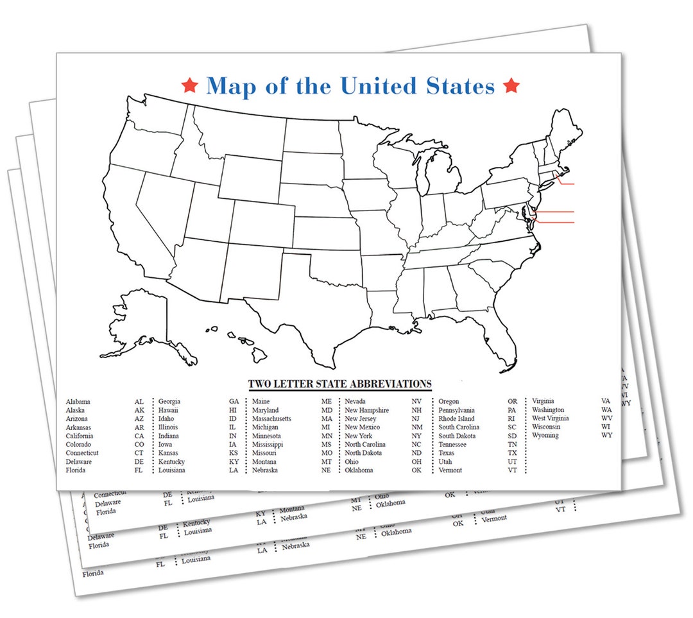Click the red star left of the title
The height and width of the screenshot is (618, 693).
[189, 85]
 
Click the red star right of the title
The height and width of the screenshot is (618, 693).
[511, 85]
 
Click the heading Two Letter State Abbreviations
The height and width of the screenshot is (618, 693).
[339, 384]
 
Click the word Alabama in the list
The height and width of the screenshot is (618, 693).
[78, 402]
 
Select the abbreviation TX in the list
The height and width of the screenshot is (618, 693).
[512, 453]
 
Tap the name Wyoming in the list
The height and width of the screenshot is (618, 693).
[545, 436]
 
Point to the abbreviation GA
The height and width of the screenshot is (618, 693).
[234, 402]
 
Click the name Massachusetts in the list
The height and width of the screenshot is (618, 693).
[271, 419]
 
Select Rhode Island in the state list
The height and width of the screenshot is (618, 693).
[457, 419]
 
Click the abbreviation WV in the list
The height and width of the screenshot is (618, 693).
[606, 418]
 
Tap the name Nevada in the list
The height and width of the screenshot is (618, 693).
[355, 402]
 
